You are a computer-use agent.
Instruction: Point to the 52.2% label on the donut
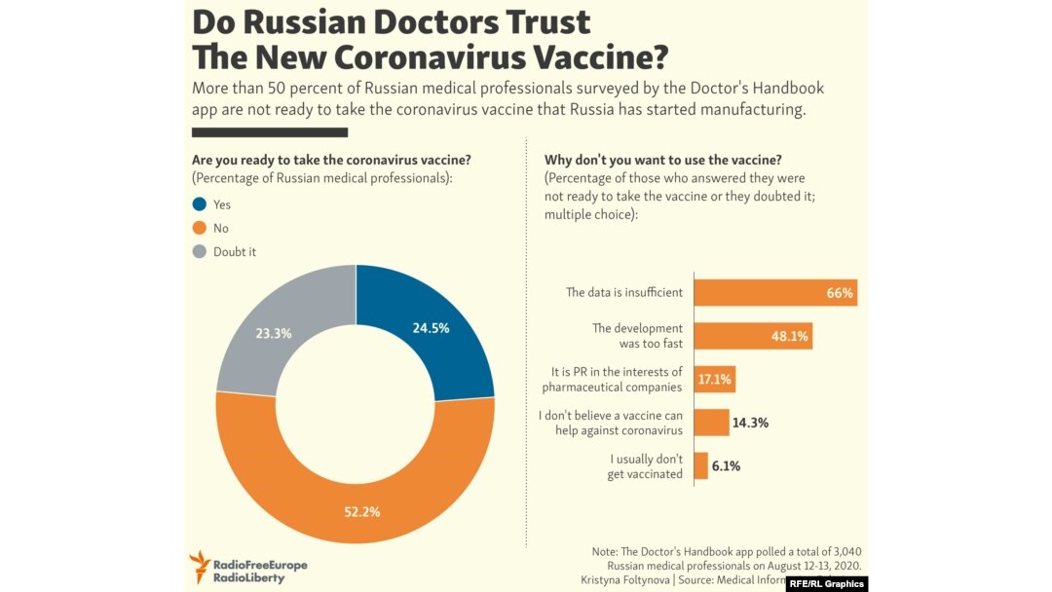tap(360, 511)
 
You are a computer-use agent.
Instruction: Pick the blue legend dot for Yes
tap(199, 204)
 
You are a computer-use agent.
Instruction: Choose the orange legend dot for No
tap(199, 228)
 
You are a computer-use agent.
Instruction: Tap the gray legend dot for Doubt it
tap(199, 251)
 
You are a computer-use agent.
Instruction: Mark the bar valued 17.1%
tap(714, 379)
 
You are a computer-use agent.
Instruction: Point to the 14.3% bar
tap(711, 423)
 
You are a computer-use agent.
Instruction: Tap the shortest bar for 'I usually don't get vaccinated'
tap(700, 465)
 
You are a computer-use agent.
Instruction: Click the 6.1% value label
tap(726, 466)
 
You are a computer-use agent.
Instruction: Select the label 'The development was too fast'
tap(637, 336)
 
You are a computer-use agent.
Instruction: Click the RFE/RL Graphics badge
tap(827, 583)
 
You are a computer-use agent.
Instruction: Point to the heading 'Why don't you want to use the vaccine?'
tap(663, 160)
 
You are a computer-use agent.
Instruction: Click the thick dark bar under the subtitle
tap(270, 132)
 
